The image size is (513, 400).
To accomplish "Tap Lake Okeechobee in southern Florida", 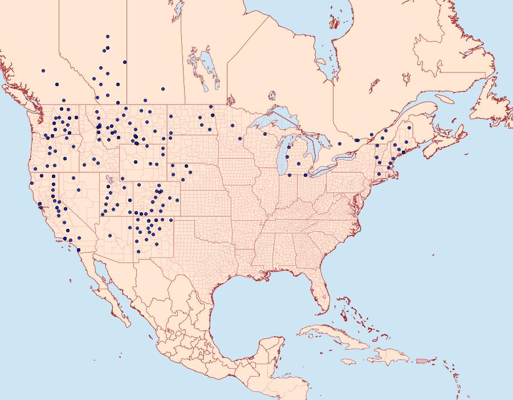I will [x=323, y=297].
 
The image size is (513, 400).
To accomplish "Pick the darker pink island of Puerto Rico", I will [x=422, y=360].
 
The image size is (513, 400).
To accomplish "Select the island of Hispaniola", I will [x=388, y=357].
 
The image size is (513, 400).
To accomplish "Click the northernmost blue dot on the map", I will [x=107, y=37].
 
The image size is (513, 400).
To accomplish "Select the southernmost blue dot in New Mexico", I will [x=137, y=250].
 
